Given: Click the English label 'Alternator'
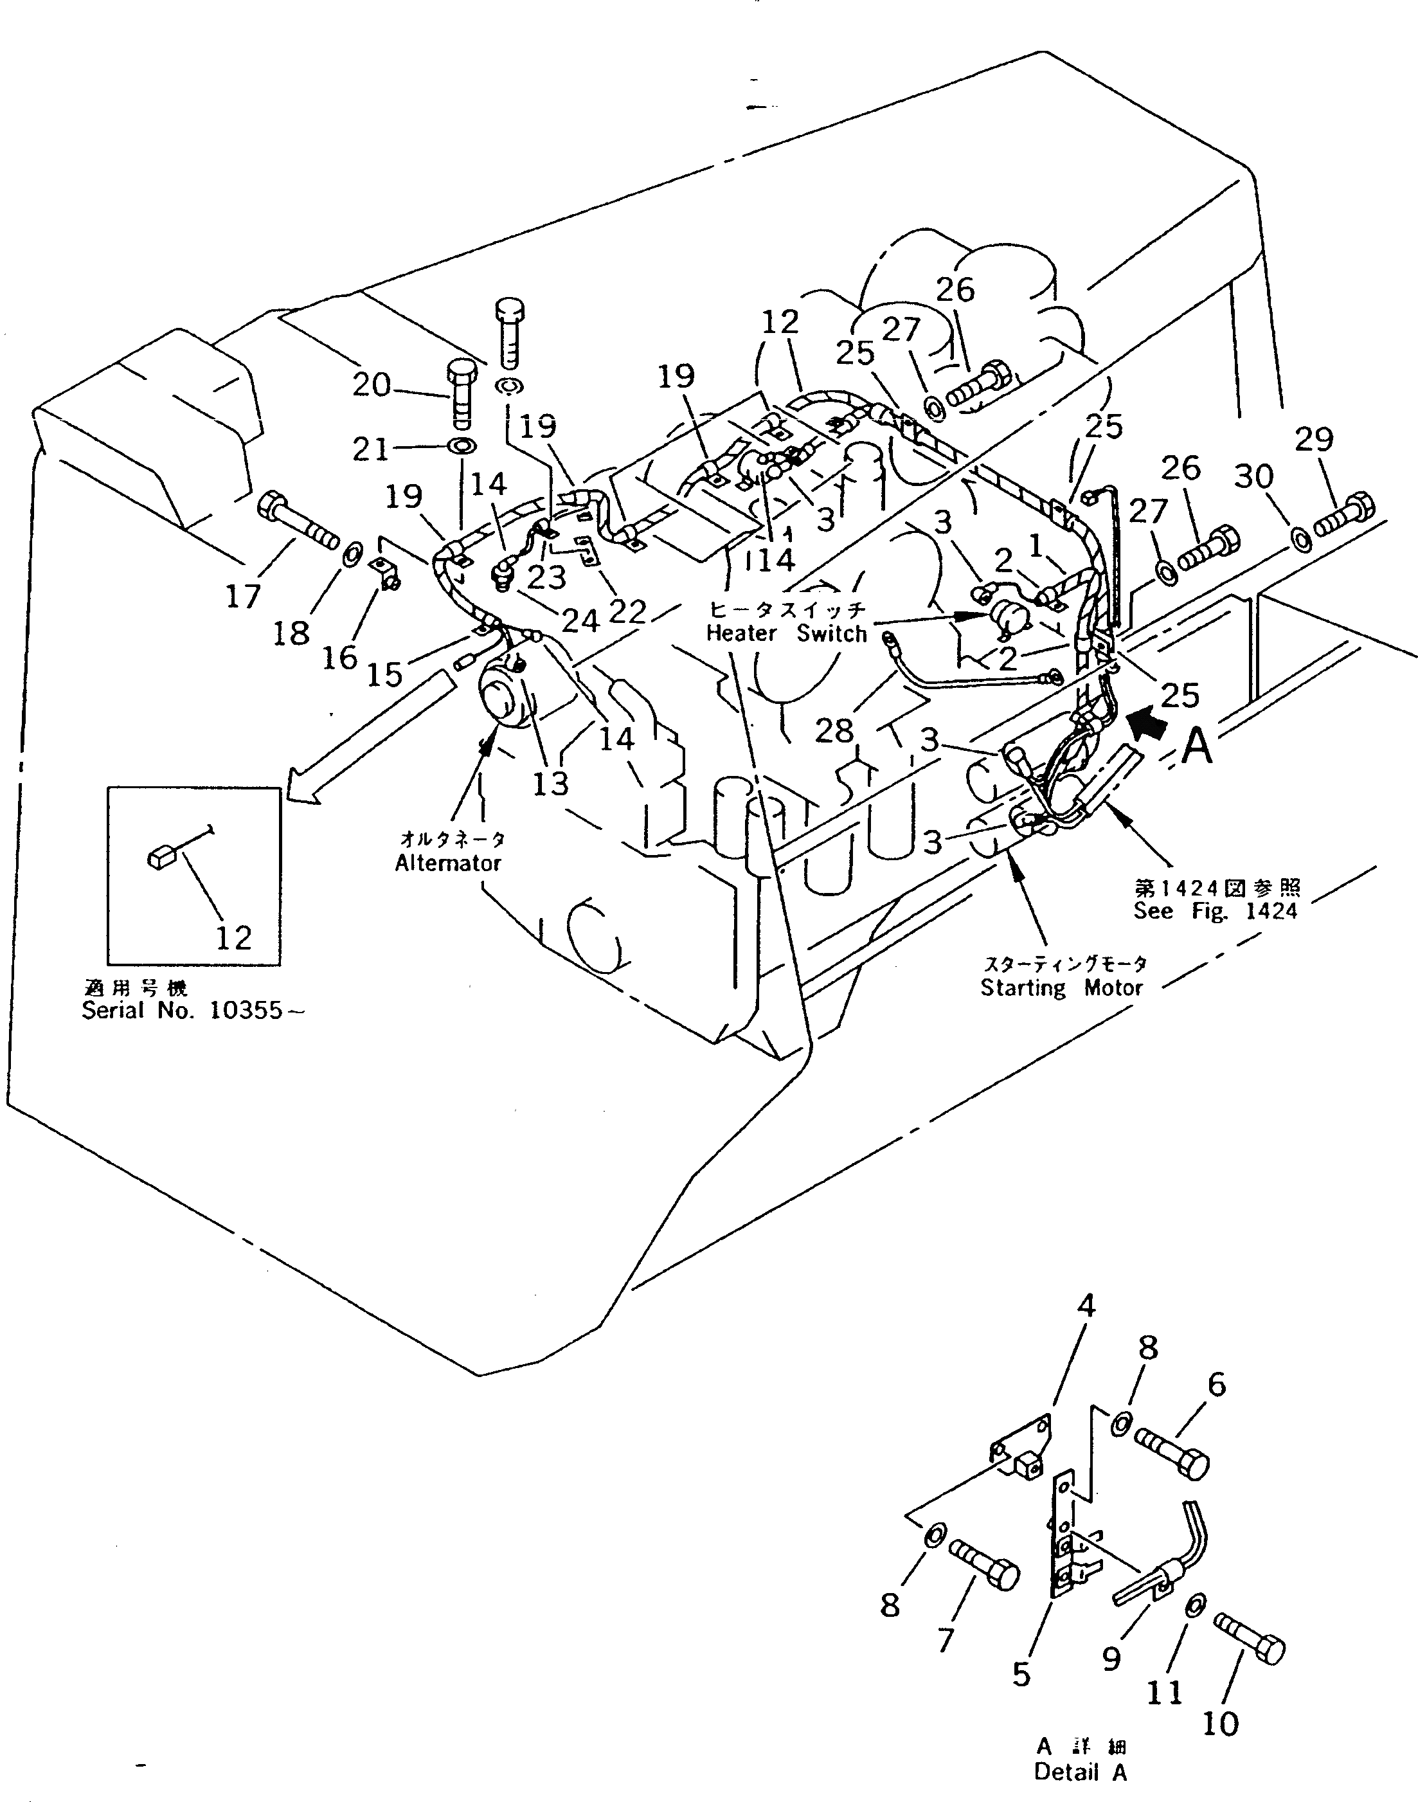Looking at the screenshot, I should [x=447, y=863].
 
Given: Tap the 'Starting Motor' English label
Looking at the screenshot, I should [x=1061, y=987].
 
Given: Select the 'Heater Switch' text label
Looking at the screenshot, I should [x=785, y=634].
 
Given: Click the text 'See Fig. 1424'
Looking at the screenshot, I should [x=1216, y=911].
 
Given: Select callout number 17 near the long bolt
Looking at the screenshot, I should [x=243, y=595].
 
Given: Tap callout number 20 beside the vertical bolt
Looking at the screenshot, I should [x=370, y=384].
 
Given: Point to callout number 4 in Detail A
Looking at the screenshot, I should [x=1086, y=1306].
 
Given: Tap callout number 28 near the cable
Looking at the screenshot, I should [x=834, y=731].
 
